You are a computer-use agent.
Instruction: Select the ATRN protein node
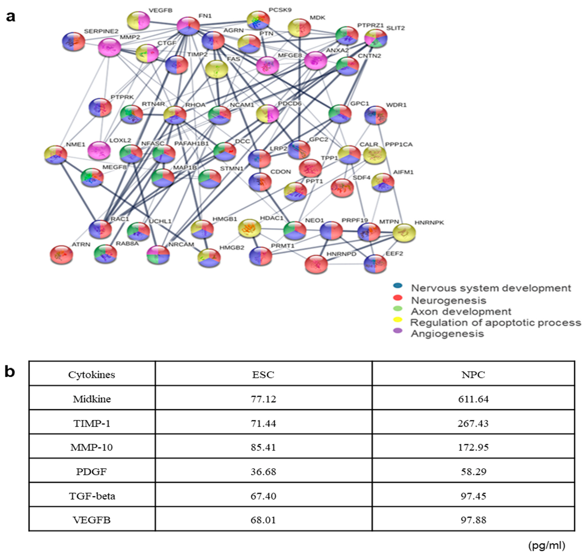pyautogui.click(x=62, y=255)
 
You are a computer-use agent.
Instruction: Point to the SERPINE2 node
pyautogui.click(x=74, y=42)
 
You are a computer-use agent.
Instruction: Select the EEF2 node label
pyautogui.click(x=394, y=254)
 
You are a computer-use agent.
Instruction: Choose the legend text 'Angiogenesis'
pyautogui.click(x=447, y=334)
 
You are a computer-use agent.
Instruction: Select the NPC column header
pyautogui.click(x=473, y=375)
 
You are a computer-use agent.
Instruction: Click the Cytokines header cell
pyautogui.click(x=92, y=375)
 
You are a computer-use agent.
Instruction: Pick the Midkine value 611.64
pyautogui.click(x=473, y=399)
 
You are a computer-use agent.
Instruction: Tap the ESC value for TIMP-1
pyautogui.click(x=263, y=423)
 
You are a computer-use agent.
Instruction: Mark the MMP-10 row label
pyautogui.click(x=92, y=447)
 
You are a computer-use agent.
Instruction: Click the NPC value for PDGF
pyautogui.click(x=473, y=472)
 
